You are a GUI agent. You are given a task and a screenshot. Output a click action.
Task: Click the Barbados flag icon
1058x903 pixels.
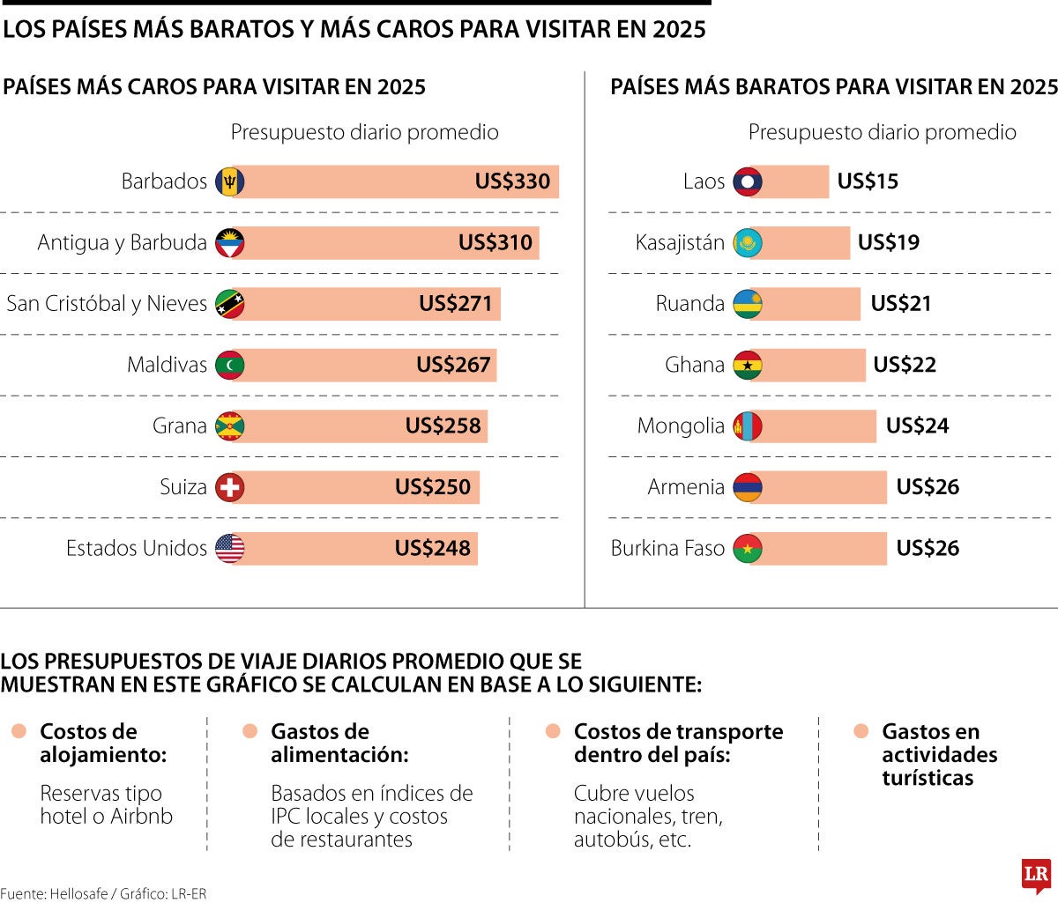(230, 181)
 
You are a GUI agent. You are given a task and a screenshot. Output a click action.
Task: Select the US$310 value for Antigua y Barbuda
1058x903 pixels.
(495, 242)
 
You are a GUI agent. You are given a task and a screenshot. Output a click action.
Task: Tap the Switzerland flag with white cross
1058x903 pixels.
(230, 487)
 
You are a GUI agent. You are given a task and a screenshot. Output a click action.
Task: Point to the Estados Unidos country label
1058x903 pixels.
(137, 548)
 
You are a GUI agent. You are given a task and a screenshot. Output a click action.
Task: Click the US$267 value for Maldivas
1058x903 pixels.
(453, 365)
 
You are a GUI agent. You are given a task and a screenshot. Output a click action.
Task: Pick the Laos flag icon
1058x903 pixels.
(748, 181)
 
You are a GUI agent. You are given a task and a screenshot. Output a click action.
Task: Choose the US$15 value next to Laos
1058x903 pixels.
(868, 181)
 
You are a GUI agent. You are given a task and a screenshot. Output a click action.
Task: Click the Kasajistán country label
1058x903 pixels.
(680, 242)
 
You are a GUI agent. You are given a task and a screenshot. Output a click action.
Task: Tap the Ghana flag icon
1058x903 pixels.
(748, 365)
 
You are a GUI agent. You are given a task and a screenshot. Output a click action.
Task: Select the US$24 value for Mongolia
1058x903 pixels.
(917, 426)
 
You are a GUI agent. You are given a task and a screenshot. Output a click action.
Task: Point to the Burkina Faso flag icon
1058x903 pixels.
(748, 548)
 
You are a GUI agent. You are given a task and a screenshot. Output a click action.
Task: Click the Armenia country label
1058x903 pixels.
(686, 487)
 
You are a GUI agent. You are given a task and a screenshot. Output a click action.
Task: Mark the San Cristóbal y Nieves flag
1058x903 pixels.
(230, 304)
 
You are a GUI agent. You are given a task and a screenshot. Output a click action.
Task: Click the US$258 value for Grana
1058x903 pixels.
(443, 426)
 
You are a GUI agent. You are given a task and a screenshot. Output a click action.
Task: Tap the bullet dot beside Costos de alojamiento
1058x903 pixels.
(19, 731)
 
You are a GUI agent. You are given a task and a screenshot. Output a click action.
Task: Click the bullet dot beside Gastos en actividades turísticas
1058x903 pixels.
(861, 731)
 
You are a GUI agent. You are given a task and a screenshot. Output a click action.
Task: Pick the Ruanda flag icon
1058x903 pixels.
(748, 304)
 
